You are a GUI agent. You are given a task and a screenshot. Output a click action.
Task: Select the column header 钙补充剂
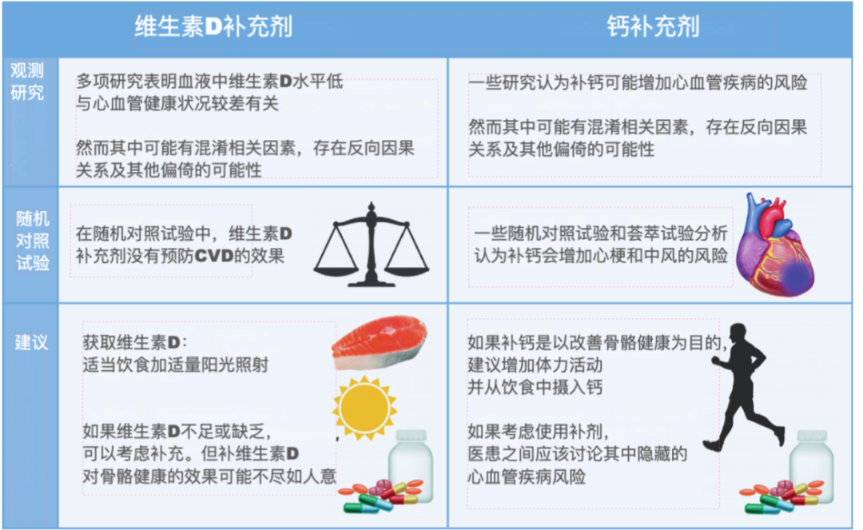coord(653,27)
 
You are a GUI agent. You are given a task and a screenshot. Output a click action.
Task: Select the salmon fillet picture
coord(380,343)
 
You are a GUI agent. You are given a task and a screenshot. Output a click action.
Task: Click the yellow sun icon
coord(364,408)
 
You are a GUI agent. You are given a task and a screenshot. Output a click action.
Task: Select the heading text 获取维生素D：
coord(134,343)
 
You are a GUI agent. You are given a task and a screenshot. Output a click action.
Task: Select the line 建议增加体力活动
coord(535,365)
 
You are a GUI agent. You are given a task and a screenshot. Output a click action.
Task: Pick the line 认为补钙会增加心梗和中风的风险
coord(601,256)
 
